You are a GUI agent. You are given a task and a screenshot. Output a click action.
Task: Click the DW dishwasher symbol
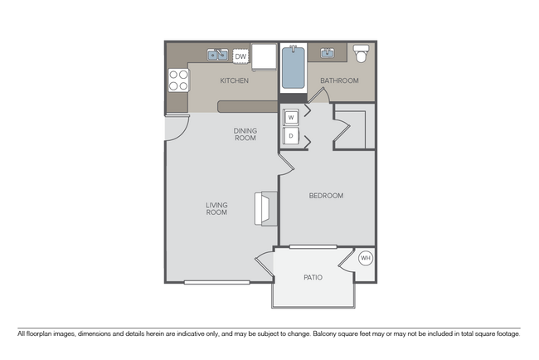click(240, 56)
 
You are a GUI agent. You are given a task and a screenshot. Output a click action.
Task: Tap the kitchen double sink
click(218, 56)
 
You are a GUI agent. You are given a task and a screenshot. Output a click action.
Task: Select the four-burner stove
click(178, 80)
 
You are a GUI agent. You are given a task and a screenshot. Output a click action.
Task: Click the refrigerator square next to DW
click(264, 57)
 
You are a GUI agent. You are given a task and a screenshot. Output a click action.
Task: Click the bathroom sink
click(328, 54)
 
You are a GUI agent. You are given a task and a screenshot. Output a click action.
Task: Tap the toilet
click(361, 55)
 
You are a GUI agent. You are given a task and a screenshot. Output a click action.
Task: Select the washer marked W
click(291, 117)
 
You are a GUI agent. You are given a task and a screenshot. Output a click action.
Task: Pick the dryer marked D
click(291, 135)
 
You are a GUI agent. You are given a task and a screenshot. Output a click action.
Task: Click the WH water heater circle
click(366, 258)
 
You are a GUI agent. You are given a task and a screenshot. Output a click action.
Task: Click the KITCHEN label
click(234, 81)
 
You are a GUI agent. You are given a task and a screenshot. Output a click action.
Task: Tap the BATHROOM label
click(339, 81)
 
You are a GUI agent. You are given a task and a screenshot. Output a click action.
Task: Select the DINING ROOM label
click(245, 134)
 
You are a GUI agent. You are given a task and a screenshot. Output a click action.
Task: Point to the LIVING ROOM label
click(217, 208)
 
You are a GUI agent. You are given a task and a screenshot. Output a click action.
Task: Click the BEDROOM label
click(326, 196)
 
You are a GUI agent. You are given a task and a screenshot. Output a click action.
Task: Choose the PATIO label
click(313, 278)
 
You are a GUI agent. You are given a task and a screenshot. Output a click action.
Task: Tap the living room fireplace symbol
click(268, 207)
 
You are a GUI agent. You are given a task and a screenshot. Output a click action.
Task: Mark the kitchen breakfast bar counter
click(247, 106)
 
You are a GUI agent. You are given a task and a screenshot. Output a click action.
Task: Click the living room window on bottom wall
click(216, 283)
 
